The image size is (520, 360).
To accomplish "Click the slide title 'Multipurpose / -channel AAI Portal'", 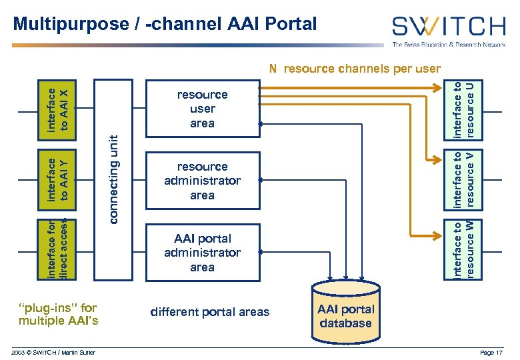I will point(165,25).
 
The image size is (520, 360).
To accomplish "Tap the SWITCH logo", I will point(448,27).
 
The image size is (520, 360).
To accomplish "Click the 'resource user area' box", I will point(202,109).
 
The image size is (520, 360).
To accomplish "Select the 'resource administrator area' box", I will point(202,181).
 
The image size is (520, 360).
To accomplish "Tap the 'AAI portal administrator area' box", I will point(202,253).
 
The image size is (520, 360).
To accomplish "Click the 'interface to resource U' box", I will point(464,108).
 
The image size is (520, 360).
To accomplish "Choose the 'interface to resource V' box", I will point(464,179).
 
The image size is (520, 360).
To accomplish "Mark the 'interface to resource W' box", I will point(464,249).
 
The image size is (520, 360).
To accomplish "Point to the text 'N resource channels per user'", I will point(354,69).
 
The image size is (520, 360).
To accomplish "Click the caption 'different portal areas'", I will point(210,312).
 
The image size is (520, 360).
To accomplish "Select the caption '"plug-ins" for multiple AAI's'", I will point(59,315).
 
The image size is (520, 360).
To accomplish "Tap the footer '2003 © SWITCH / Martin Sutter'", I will point(54,352).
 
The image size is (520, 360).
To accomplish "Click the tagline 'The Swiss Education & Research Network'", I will point(448,45).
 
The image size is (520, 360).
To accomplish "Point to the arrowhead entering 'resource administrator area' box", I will point(261,180).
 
